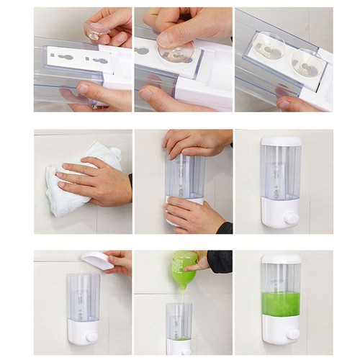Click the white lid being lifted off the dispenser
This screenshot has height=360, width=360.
point(98,260)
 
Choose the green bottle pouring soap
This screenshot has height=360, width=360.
point(184,267)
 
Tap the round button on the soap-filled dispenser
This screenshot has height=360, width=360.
point(291,334)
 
